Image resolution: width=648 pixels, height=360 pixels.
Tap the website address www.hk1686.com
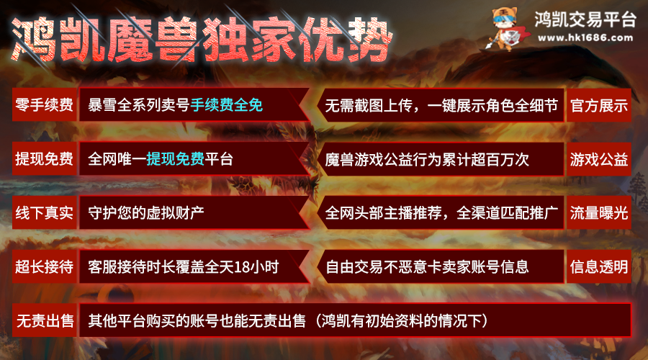585,38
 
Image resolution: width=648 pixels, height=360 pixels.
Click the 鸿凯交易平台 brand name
585,19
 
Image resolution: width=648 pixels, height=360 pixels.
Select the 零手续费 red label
44,104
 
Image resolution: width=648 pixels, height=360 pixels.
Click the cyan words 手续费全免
227,105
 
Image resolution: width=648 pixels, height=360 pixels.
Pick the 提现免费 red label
44,158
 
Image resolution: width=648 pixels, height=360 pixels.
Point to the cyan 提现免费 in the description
175,158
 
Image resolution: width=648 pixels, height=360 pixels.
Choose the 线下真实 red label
44,212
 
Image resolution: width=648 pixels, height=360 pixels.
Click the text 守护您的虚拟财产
146,212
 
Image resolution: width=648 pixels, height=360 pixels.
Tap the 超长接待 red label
44,266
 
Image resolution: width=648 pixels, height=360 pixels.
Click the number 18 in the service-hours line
242,267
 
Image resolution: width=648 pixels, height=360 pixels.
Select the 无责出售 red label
44,320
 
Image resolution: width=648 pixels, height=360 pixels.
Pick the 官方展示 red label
599,105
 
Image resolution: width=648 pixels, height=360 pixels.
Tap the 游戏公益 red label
599,159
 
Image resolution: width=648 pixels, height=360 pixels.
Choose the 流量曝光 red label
599,213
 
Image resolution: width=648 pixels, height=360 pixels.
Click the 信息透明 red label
599,266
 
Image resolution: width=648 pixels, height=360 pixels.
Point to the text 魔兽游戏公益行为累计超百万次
427,160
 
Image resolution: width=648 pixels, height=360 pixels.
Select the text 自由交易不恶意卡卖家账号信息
427,267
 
